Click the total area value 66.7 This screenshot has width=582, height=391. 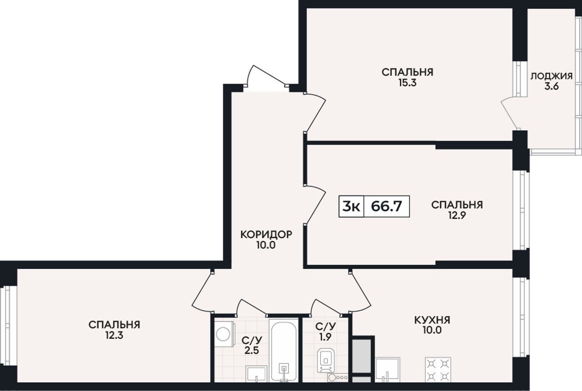(x=386, y=206)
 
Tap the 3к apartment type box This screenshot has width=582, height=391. (x=351, y=206)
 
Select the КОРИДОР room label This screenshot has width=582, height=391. (x=266, y=234)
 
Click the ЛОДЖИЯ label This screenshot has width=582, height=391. (x=552, y=76)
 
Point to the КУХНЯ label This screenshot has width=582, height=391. (x=432, y=320)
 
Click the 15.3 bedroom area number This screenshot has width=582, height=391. (x=407, y=83)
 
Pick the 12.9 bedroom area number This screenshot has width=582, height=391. (x=457, y=216)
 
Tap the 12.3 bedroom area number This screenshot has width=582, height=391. (x=114, y=336)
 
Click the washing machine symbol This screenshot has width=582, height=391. (x=225, y=334)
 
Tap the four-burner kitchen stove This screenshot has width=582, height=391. (x=438, y=370)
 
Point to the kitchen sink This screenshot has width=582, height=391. (x=388, y=370)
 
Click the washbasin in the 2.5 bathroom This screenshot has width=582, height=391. (x=256, y=374)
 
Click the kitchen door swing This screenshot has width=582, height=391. (x=360, y=292)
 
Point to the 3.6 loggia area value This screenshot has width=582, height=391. (x=552, y=86)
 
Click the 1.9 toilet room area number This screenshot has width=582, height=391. (x=325, y=337)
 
